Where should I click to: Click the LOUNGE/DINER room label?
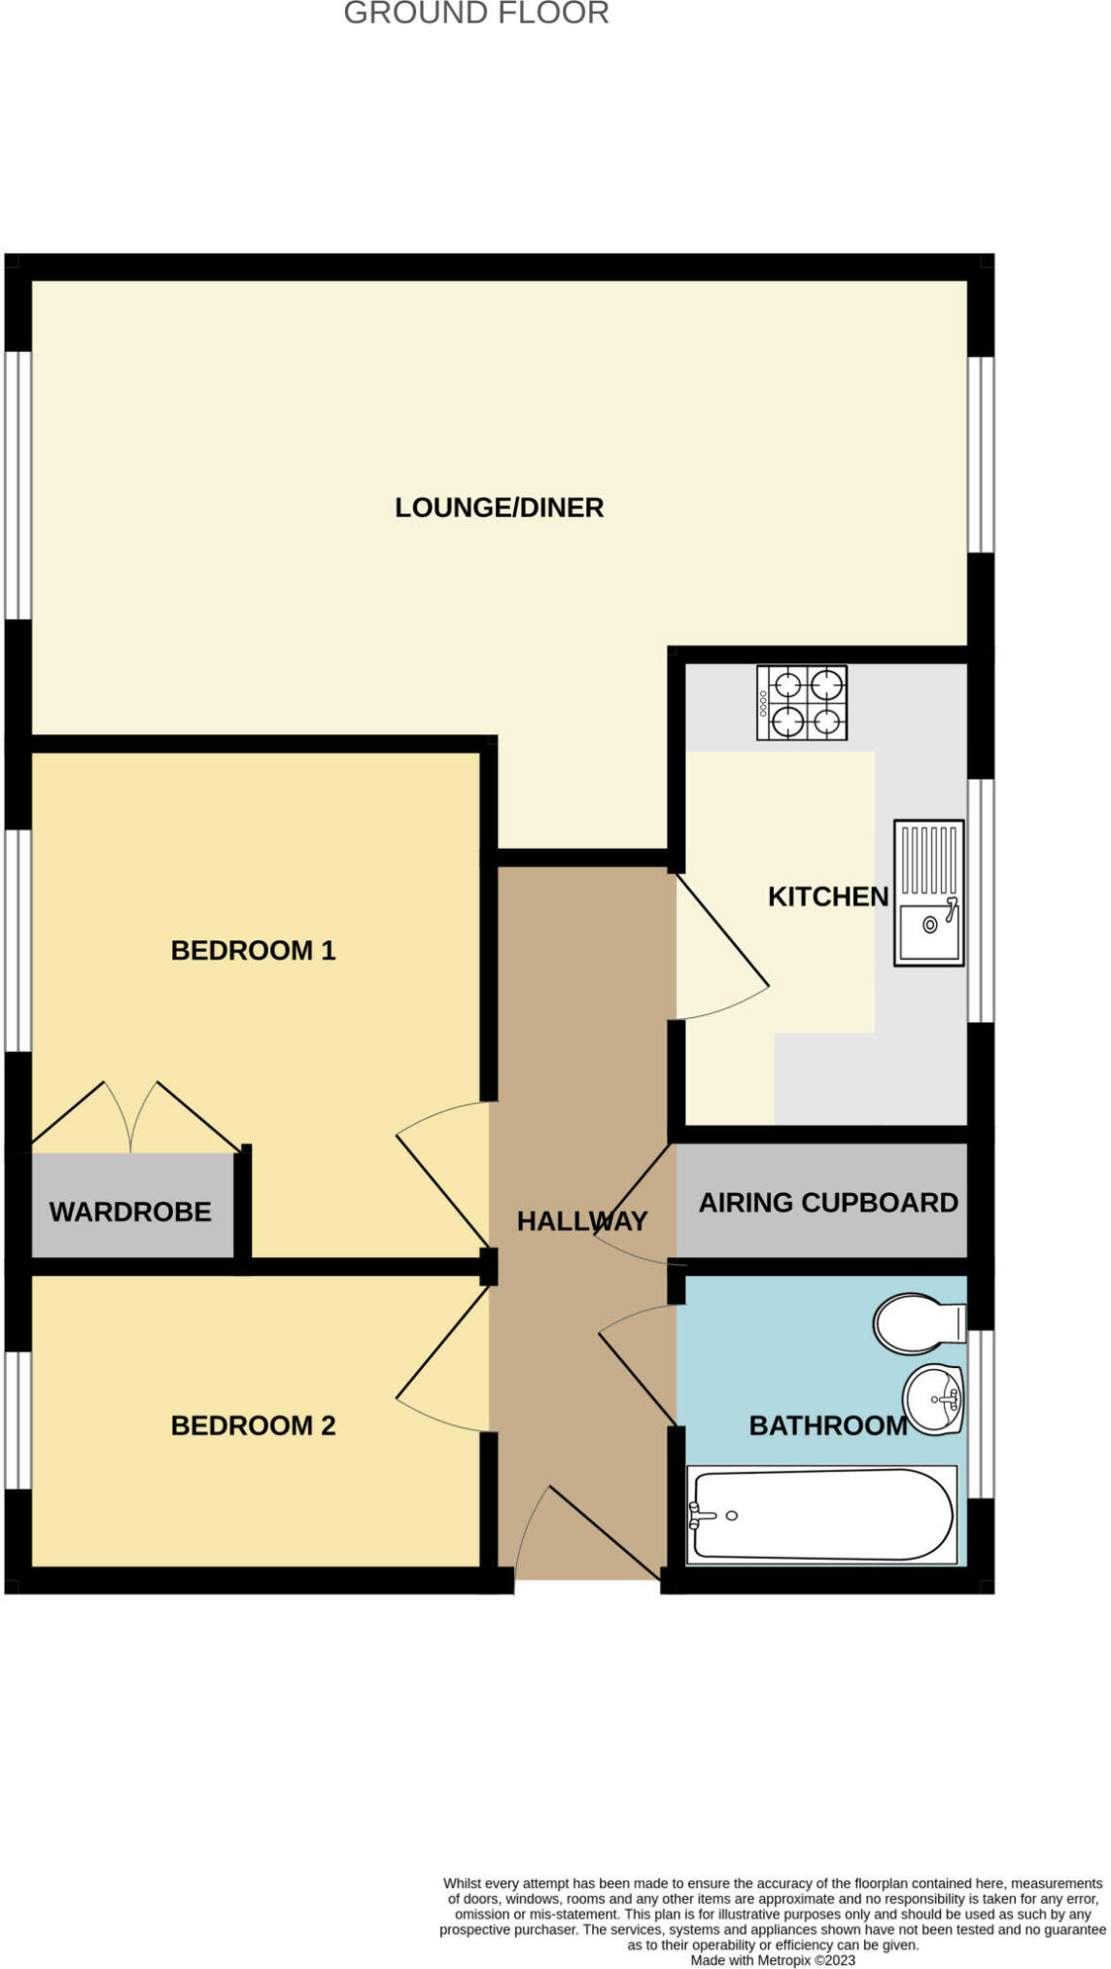click(499, 508)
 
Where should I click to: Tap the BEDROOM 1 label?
click(253, 950)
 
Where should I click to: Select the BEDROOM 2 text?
click(253, 1425)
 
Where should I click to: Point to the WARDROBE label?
click(130, 1212)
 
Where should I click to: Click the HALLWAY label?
click(581, 1221)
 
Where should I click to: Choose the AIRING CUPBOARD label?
click(828, 1203)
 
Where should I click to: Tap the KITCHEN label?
click(828, 897)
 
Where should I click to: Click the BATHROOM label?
click(828, 1425)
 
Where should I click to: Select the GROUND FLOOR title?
click(476, 13)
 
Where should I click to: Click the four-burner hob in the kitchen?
click(802, 703)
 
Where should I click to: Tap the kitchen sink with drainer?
click(929, 893)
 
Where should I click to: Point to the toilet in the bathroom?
click(920, 1323)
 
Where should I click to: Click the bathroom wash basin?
click(933, 1399)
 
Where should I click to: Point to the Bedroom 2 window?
click(18, 1420)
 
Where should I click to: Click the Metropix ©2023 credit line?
click(773, 1960)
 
